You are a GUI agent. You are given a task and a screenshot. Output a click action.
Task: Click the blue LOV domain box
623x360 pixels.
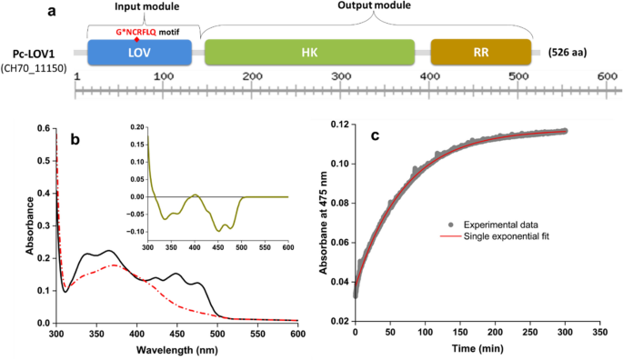139,53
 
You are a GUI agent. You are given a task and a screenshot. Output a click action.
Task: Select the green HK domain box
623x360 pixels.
309,53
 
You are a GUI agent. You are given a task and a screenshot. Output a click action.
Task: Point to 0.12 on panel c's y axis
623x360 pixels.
338,123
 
